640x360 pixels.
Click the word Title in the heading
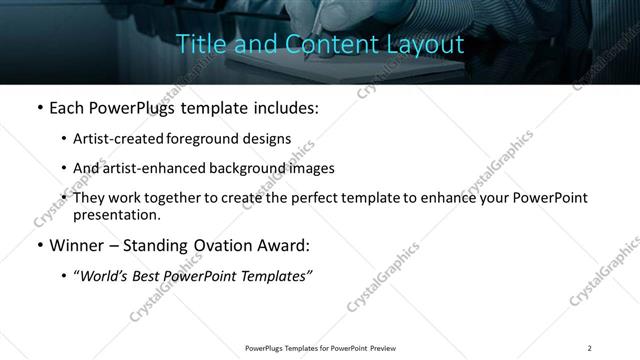pos(198,45)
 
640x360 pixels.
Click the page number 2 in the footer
pos(590,348)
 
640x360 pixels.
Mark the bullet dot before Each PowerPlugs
pos(38,108)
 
